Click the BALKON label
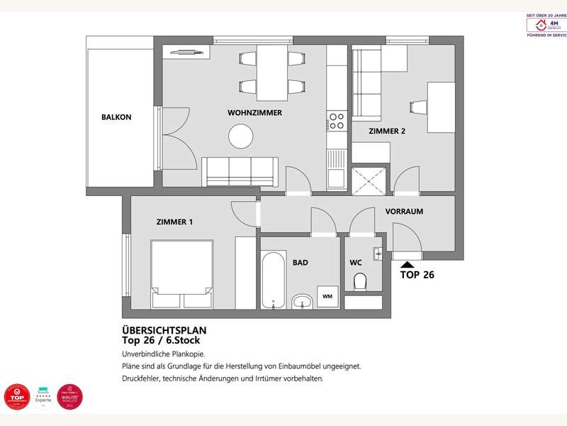(x=116, y=117)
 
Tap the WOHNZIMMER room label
(x=255, y=113)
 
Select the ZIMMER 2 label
(x=387, y=131)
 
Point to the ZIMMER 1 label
(x=174, y=222)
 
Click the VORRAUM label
(x=404, y=212)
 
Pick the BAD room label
(x=301, y=263)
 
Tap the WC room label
(x=356, y=263)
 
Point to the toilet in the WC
(x=359, y=282)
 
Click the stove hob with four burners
(x=336, y=121)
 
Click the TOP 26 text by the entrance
(x=417, y=275)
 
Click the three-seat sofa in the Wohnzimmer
(x=239, y=170)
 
